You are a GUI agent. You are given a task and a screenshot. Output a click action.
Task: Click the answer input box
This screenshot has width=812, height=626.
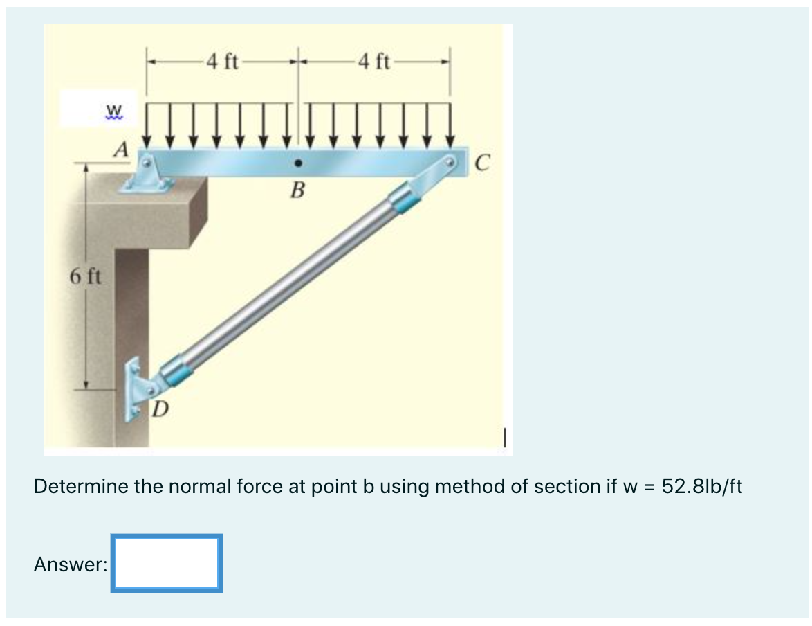167,563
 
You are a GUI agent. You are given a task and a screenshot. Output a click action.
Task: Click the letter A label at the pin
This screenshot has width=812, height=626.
122,148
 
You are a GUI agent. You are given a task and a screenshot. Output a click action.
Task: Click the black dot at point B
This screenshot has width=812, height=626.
297,164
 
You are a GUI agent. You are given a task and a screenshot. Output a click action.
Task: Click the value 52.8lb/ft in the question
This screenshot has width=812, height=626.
701,486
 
